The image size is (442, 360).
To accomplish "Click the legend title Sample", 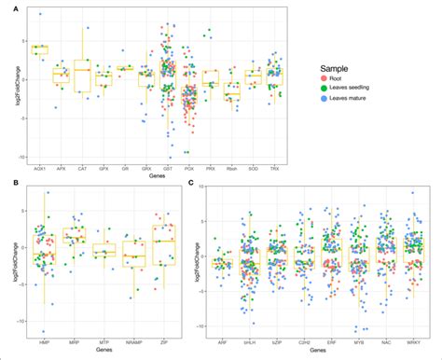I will coord(334,67).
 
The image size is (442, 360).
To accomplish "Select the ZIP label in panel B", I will coord(166,340).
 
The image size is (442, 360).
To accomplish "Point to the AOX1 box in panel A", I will coord(39,48).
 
